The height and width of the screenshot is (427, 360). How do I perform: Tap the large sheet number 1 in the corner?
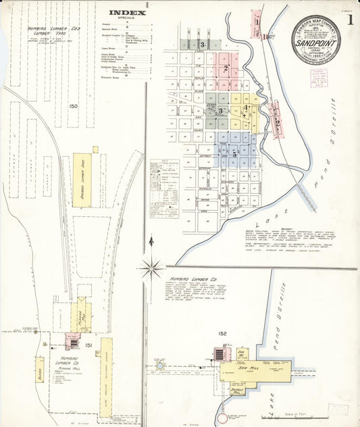[350, 20]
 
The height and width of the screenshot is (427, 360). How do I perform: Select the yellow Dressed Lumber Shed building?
[82, 179]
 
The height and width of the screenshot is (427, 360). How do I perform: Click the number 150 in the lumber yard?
[73, 106]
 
